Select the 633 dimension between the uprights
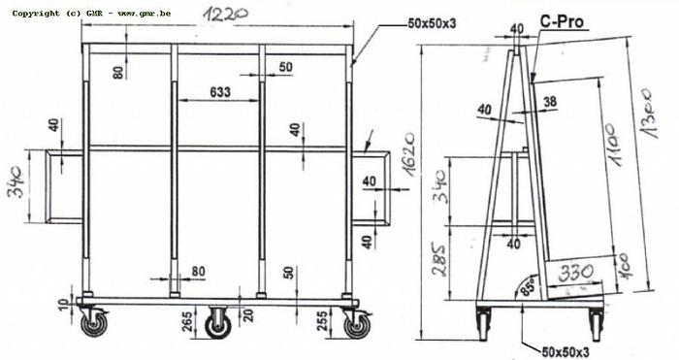221,93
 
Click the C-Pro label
562,18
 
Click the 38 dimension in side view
550,101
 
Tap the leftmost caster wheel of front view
93,323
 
